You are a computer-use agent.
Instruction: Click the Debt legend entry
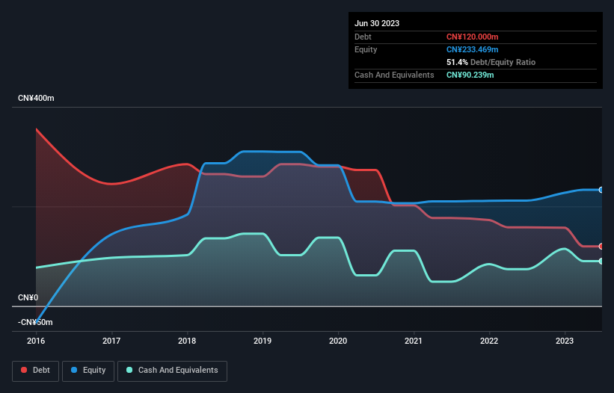click(x=37, y=370)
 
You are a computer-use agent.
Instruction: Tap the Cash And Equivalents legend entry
click(x=172, y=370)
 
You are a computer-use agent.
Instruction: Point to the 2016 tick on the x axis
click(x=36, y=341)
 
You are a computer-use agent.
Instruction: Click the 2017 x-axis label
click(x=111, y=341)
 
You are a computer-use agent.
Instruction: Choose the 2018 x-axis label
click(x=187, y=341)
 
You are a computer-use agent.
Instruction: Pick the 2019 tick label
click(x=263, y=341)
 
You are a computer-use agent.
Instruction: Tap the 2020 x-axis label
click(x=338, y=341)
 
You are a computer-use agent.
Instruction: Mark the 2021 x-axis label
click(x=414, y=341)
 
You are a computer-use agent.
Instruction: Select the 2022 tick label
click(x=489, y=341)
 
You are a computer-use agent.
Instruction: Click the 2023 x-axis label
click(x=565, y=341)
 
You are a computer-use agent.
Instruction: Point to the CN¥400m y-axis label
click(x=36, y=99)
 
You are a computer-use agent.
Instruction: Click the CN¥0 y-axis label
click(x=28, y=297)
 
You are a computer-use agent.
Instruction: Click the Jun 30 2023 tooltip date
click(x=377, y=23)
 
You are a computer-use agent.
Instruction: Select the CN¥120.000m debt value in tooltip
click(x=472, y=37)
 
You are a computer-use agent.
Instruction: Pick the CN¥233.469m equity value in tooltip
click(x=472, y=49)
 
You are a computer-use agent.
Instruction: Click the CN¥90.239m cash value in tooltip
click(x=470, y=75)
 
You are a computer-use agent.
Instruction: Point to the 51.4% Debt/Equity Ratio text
click(x=491, y=62)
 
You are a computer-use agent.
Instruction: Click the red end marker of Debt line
click(x=601, y=247)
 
